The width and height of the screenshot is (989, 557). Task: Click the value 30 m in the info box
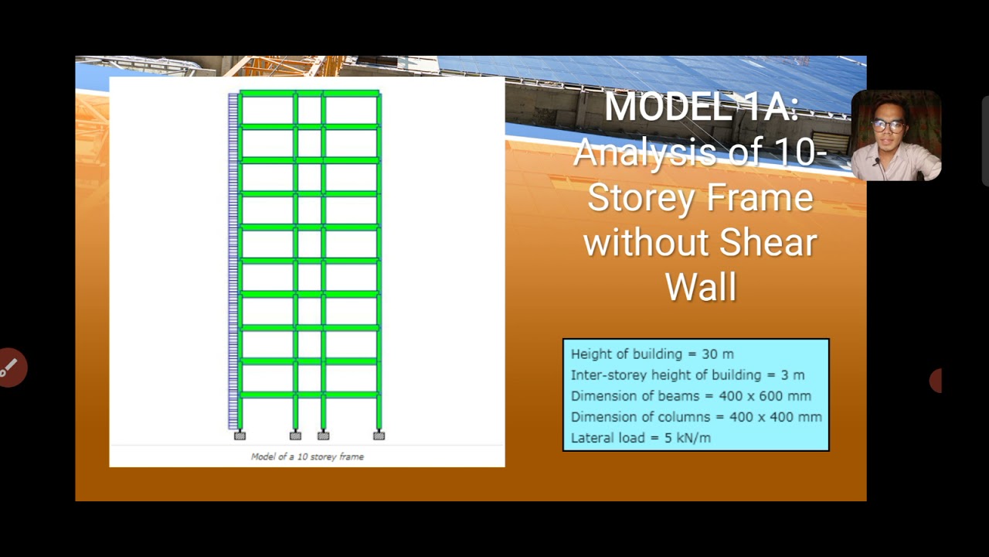[718, 354]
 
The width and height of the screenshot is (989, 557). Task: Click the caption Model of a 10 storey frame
[307, 456]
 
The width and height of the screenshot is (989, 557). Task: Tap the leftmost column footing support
[240, 436]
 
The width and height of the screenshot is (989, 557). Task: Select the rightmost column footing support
[379, 436]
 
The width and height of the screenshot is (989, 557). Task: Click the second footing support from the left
[295, 436]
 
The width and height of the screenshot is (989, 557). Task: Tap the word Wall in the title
[700, 287]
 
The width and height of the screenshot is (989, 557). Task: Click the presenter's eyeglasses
[889, 125]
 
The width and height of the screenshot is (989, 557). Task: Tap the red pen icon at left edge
[10, 368]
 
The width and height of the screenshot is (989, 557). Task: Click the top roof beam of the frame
[309, 94]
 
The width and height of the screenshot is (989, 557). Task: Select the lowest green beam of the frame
[309, 395]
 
